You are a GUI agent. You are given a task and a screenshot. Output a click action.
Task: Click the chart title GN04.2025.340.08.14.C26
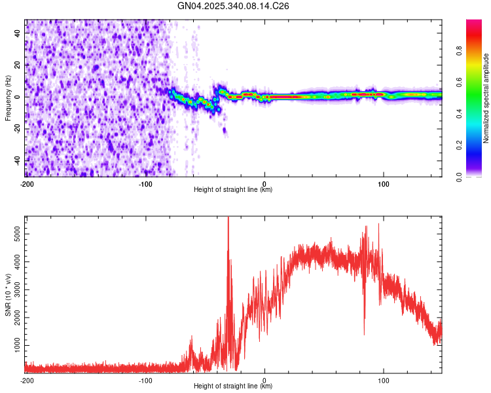pyautogui.click(x=234, y=6)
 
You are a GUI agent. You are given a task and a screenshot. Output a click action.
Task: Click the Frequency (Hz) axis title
pyautogui.click(x=8, y=98)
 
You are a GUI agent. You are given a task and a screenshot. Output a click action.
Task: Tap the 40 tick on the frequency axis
pyautogui.click(x=18, y=32)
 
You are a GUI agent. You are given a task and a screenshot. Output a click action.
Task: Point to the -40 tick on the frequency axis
pyautogui.click(x=18, y=160)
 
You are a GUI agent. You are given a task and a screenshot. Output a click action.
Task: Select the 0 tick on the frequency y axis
pyautogui.click(x=18, y=96)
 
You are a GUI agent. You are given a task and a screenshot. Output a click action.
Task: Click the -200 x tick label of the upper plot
pyautogui.click(x=26, y=183)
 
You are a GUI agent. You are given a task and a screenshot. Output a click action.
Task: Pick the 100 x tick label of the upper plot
pyautogui.click(x=383, y=183)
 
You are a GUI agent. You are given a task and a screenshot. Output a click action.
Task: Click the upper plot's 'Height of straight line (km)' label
pyautogui.click(x=233, y=190)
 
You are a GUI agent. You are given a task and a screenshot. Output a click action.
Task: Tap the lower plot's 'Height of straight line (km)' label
pyautogui.click(x=233, y=386)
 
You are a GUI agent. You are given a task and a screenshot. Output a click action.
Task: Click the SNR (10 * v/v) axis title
pyautogui.click(x=8, y=295)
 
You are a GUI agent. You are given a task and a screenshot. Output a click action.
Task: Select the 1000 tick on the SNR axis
pyautogui.click(x=14, y=345)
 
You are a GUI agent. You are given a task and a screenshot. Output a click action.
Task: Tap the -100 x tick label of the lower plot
pyautogui.click(x=145, y=380)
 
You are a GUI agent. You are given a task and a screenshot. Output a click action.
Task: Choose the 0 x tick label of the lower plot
pyautogui.click(x=264, y=380)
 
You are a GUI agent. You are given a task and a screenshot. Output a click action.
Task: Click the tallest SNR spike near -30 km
pyautogui.click(x=228, y=219)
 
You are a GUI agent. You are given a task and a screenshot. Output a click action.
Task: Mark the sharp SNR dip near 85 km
pyautogui.click(x=365, y=334)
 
